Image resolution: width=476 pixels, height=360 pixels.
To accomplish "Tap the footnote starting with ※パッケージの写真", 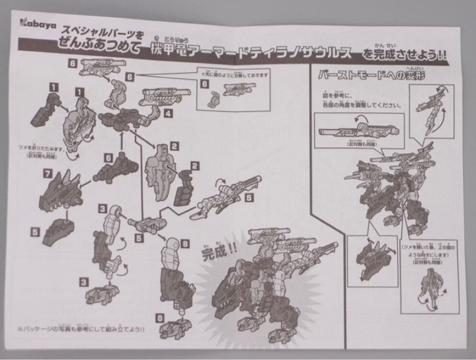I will [81, 329].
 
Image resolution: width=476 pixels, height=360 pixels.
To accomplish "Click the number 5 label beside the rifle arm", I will [249, 198].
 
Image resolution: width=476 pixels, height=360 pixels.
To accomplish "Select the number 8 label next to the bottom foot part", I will [159, 317].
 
